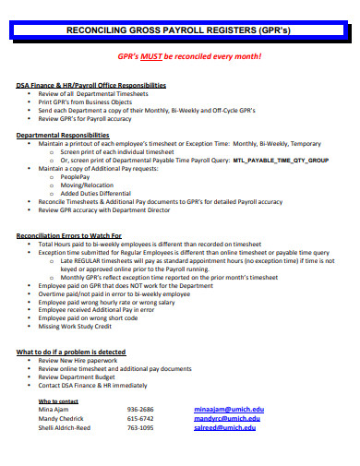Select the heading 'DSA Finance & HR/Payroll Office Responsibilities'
click(x=91, y=85)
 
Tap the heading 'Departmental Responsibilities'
click(x=59, y=135)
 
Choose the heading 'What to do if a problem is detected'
click(x=71, y=352)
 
